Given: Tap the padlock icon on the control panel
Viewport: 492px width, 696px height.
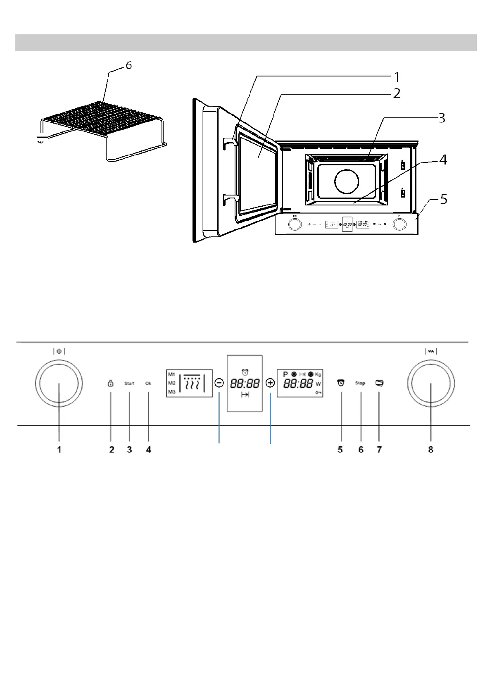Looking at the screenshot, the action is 110,384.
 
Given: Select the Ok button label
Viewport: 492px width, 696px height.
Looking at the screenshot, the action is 148,384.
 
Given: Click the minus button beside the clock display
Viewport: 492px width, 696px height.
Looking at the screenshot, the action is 219,383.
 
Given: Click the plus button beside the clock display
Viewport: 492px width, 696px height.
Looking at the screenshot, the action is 270,383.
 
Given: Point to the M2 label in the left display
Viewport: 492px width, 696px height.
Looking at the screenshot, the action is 172,383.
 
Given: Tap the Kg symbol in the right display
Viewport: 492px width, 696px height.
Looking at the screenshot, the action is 318,374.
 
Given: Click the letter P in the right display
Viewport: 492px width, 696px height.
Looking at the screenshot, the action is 285,374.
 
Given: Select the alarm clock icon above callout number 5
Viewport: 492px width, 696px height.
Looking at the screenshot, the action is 341,383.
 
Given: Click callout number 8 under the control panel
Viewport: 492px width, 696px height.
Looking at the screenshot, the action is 431,449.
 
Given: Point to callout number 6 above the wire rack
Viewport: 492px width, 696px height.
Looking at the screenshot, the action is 129,66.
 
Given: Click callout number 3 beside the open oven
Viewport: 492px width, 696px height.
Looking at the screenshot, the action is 442,118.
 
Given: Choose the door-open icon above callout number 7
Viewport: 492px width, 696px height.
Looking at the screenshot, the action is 379,383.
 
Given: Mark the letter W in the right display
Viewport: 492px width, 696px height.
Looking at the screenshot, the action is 318,384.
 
